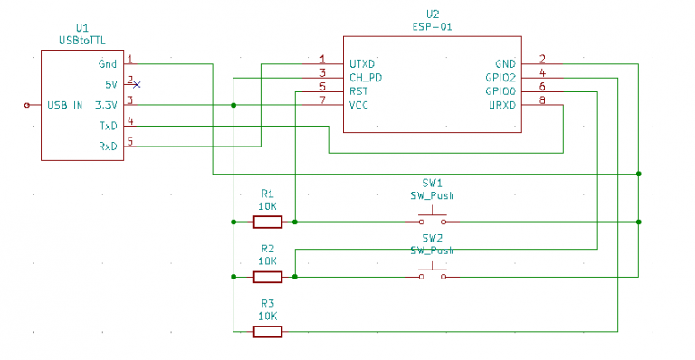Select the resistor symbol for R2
(267, 277)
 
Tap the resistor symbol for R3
(267, 332)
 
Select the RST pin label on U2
(358, 91)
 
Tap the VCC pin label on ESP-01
(359, 105)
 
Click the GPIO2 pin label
(500, 78)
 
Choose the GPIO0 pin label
(500, 91)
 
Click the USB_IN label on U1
(65, 105)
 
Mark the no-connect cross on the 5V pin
(137, 84)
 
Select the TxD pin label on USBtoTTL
(109, 126)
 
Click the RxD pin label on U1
(109, 146)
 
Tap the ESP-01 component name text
(432, 27)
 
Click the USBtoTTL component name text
(82, 41)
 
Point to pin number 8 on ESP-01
(541, 99)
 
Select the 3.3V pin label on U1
(107, 105)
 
